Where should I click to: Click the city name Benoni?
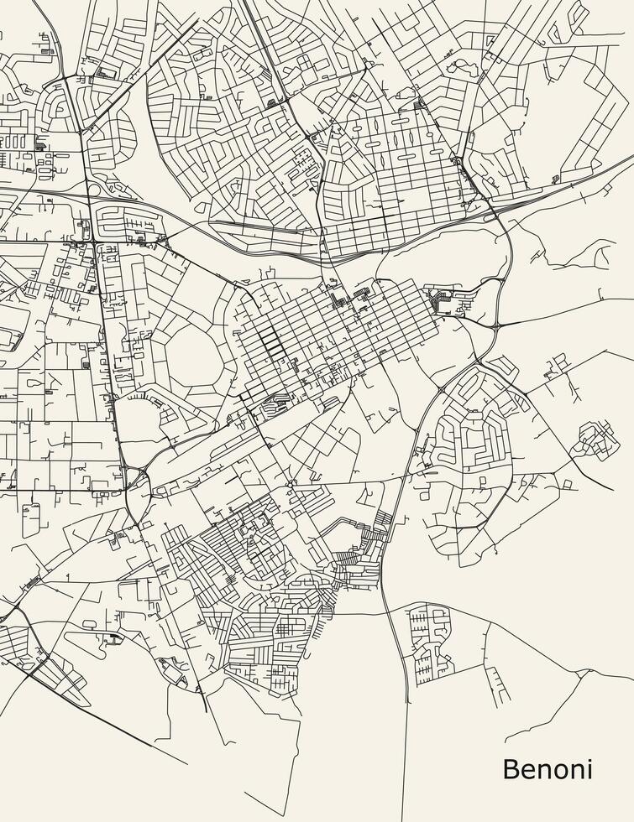[x=548, y=768]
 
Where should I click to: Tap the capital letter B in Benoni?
[x=509, y=768]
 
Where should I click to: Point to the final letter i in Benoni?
[x=589, y=768]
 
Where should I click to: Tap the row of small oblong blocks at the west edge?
[x=13, y=143]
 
